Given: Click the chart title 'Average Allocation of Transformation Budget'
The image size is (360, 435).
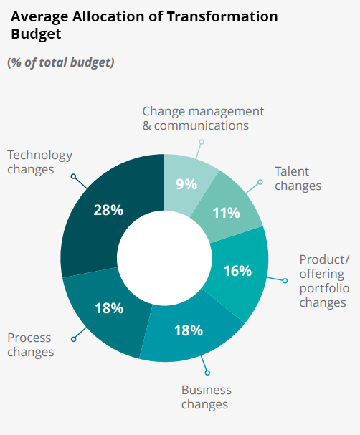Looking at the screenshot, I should pos(143,25).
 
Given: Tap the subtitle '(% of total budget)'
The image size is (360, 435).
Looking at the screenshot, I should pos(61,62).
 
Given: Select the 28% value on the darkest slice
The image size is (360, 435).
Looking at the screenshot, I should pos(108,210).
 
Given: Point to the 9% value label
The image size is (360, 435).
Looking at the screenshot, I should pos(186,184).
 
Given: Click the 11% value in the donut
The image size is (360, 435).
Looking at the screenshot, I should pos(227,213).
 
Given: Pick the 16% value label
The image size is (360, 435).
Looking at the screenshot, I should pos(237,271).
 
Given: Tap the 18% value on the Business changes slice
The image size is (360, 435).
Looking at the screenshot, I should pos(189,330).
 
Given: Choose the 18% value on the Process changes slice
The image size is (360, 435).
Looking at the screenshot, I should pos(109,308).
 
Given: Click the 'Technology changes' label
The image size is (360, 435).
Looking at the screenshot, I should pos(39,162).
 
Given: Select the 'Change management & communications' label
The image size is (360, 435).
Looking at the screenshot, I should pos(203,118).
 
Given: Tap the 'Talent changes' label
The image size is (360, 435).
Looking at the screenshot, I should pos(298,178).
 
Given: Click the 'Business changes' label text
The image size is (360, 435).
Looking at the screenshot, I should pos(206,397).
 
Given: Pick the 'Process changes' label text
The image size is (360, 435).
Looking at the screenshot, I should pos(30,345).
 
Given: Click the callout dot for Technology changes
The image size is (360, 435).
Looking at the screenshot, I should pos(73,176).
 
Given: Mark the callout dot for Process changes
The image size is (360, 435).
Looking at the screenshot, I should pos(73,338).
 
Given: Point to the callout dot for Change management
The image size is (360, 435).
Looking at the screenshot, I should pos(202,142).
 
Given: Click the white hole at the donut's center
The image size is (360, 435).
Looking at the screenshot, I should pos(164,259).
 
